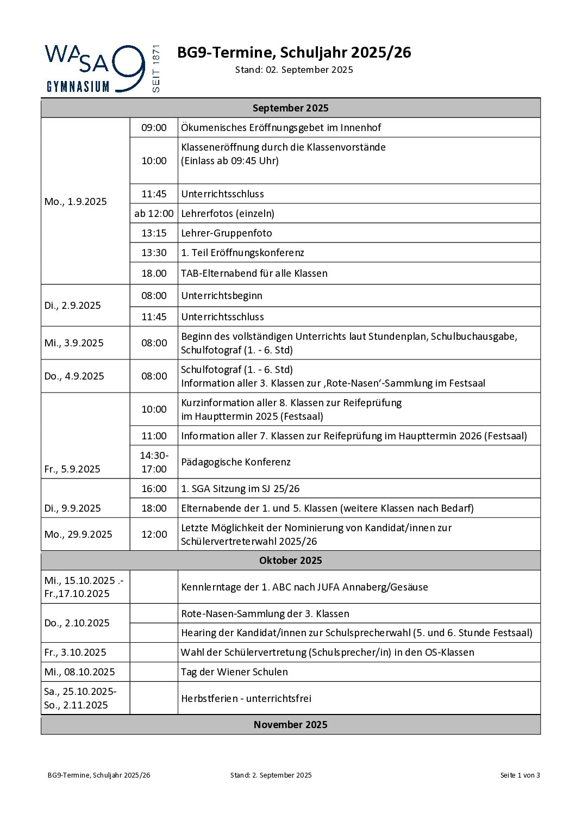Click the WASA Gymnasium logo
point(102,69)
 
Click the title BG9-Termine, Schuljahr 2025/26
point(294,53)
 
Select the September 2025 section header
point(290,108)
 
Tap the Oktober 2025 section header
point(290,561)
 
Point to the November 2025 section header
point(290,725)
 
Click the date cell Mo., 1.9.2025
point(76,202)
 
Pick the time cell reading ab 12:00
point(154,214)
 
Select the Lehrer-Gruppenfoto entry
point(227,233)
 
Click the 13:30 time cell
point(154,253)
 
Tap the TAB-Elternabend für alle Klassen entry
point(254,274)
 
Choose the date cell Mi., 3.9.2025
point(74,343)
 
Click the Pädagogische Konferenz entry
point(236,462)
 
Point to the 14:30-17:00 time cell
point(154,462)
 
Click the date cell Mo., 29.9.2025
point(78,535)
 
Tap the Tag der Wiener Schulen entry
point(234,672)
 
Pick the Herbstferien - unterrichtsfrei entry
point(246,699)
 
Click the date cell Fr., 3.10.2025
point(76,653)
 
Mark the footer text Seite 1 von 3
point(520,775)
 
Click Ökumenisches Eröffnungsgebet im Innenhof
point(281,128)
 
